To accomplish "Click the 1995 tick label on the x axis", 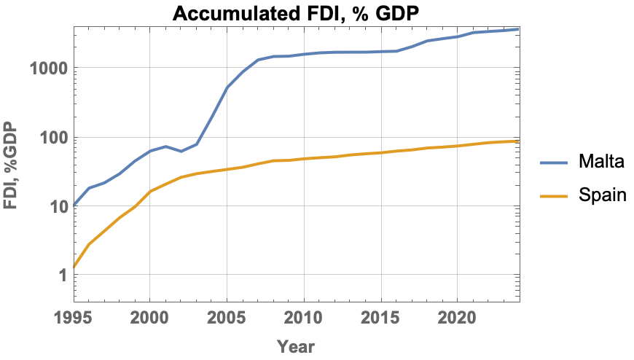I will click(x=74, y=318).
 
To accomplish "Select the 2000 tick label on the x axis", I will click(x=149, y=318).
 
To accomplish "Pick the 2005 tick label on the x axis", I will click(x=227, y=318).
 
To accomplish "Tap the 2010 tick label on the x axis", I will click(x=303, y=318).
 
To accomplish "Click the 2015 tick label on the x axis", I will click(x=380, y=318).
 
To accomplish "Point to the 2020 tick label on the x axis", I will click(x=457, y=318).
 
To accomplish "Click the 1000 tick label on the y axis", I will click(x=47, y=69).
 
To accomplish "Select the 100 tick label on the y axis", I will click(x=52, y=138).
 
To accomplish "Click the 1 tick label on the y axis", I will click(x=62, y=275).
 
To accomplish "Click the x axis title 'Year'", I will click(x=296, y=346).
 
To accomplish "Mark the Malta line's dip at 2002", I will click(x=181, y=151).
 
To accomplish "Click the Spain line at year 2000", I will click(x=150, y=192).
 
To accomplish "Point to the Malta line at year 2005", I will click(x=227, y=87).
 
